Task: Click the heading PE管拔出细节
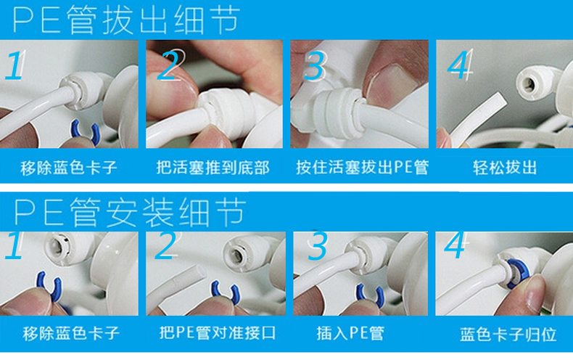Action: (126, 20)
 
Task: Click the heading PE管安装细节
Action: (129, 212)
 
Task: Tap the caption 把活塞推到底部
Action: (213, 168)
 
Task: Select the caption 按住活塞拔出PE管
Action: (362, 168)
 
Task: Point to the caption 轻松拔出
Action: (505, 168)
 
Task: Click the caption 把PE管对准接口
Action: (217, 333)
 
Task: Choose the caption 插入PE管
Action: (350, 333)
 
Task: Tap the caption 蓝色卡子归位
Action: (508, 335)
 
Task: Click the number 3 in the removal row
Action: (314, 65)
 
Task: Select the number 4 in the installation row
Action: (455, 245)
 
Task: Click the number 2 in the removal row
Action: (169, 65)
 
